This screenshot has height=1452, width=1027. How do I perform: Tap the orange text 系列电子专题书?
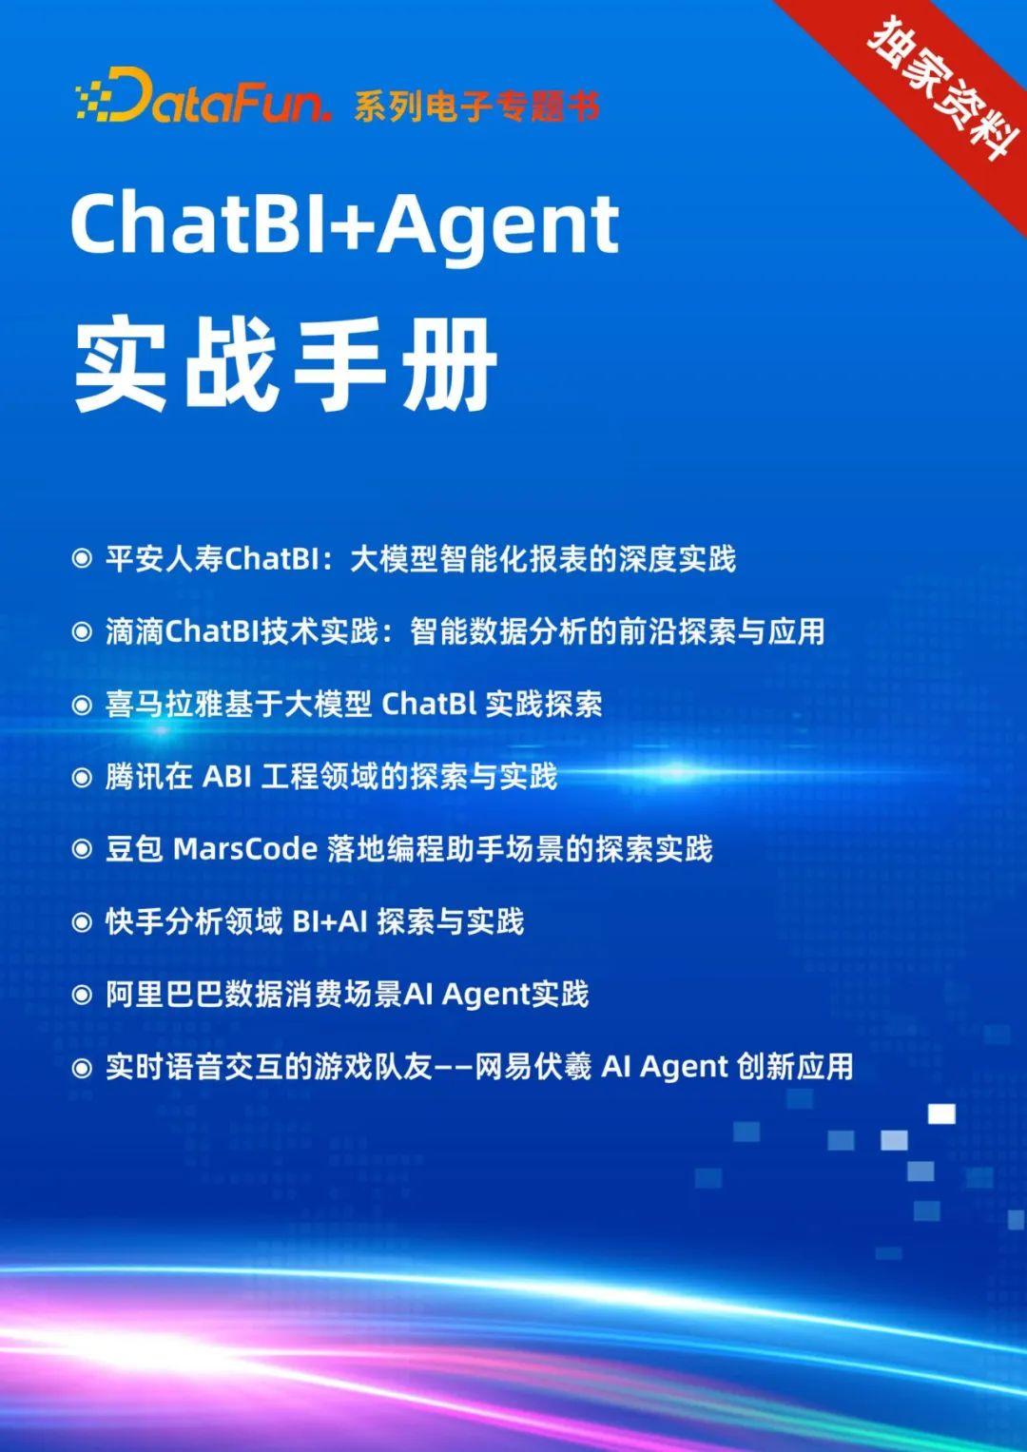[x=476, y=106]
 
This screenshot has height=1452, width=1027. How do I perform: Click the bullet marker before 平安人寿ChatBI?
[x=83, y=559]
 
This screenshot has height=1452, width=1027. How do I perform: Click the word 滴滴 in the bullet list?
[x=134, y=631]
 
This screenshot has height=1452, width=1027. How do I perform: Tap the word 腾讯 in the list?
[x=134, y=777]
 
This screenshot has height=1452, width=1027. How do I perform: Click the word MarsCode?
[x=245, y=849]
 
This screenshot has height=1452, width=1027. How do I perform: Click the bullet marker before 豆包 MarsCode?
[x=83, y=849]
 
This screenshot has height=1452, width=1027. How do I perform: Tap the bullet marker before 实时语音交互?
[x=83, y=1067]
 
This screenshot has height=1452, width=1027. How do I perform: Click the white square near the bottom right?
[x=941, y=1113]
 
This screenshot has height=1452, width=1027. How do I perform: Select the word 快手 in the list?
[x=134, y=921]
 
